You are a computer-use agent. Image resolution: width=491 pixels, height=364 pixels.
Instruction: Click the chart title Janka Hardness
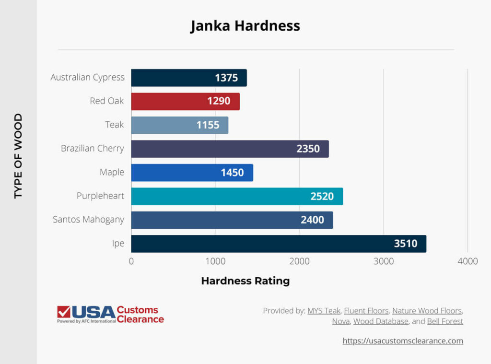click(x=245, y=26)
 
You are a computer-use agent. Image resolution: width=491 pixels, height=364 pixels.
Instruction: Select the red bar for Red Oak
click(x=185, y=101)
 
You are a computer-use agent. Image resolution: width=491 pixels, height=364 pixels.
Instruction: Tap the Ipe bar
click(x=278, y=244)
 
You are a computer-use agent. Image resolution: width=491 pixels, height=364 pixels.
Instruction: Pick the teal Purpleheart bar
click(x=237, y=196)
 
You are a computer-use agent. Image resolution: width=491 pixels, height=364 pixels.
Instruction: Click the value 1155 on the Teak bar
click(x=208, y=125)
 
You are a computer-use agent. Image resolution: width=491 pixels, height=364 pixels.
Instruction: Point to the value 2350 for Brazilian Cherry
click(x=308, y=149)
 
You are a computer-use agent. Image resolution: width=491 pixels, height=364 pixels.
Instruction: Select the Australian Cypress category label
click(x=87, y=77)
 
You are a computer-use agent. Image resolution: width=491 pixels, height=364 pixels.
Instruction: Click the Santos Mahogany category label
click(x=88, y=220)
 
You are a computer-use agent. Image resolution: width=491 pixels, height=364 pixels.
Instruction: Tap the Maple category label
click(x=112, y=172)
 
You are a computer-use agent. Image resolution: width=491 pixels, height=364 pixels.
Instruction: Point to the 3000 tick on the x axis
click(x=384, y=261)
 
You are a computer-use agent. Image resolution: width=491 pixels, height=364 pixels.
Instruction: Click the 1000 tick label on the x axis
click(x=215, y=261)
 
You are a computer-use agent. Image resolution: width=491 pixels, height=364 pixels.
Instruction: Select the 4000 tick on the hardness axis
click(x=468, y=261)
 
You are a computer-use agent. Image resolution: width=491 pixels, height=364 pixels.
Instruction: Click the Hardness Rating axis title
click(x=245, y=281)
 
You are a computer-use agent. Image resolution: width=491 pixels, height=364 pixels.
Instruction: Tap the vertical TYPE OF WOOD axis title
click(x=18, y=156)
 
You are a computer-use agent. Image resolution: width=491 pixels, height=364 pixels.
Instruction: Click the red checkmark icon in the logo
click(x=63, y=312)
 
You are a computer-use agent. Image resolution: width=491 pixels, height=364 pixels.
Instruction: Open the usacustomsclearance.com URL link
click(x=403, y=341)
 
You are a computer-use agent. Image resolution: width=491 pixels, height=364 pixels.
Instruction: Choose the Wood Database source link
click(x=381, y=321)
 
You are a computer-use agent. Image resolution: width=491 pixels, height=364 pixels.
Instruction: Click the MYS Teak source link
click(x=324, y=311)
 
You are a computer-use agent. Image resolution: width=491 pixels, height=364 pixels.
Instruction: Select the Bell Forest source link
click(x=445, y=321)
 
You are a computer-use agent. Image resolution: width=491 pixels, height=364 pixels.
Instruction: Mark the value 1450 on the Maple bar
click(x=232, y=173)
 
